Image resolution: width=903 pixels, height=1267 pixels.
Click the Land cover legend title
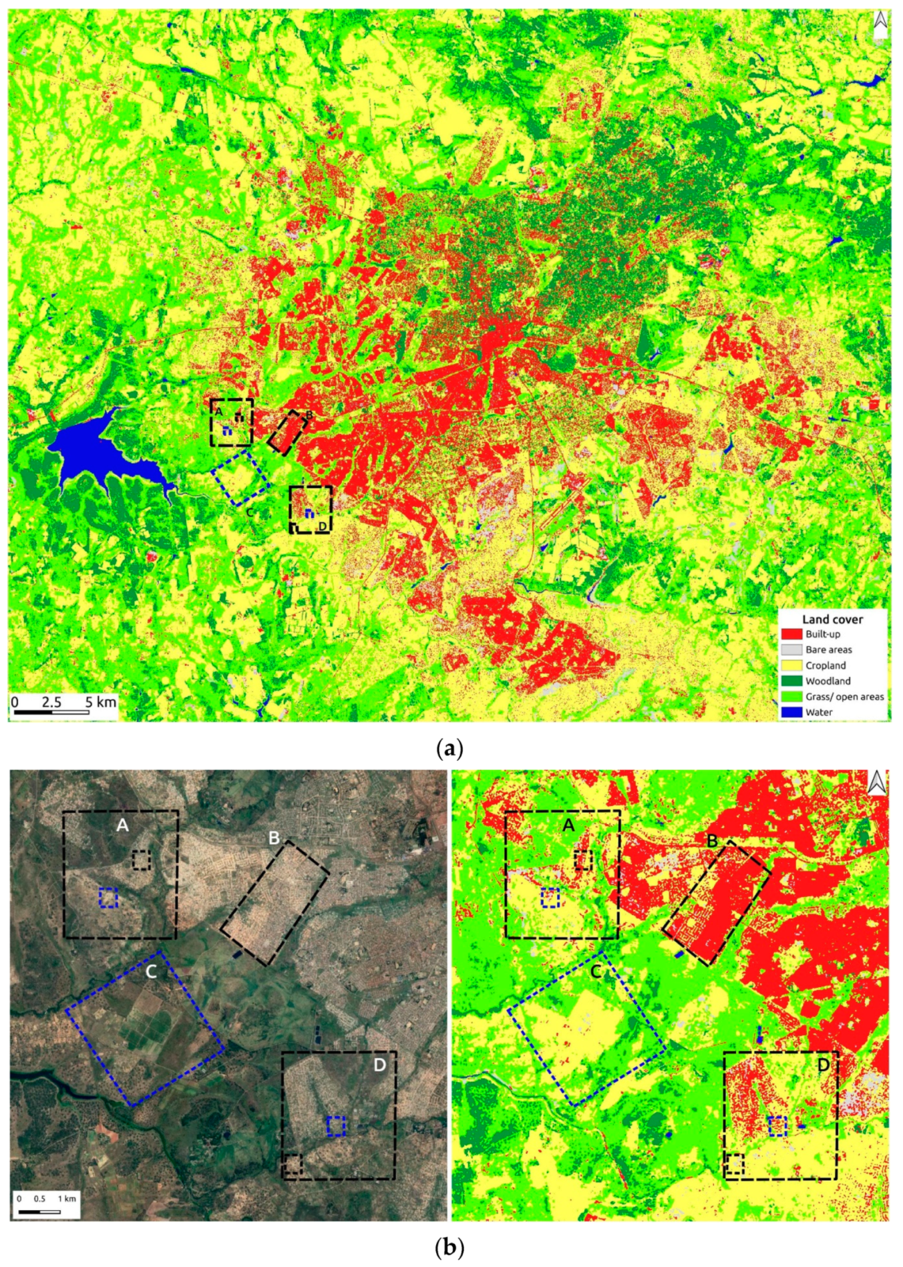pyautogui.click(x=832, y=619)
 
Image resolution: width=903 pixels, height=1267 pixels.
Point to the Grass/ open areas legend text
pyautogui.click(x=844, y=697)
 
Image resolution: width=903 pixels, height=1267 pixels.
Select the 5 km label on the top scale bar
pyautogui.click(x=100, y=702)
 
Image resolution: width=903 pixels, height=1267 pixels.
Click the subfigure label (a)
pyautogui.click(x=449, y=747)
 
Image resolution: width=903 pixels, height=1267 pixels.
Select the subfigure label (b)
pyautogui.click(x=449, y=1247)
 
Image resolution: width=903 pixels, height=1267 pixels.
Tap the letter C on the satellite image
pyautogui.click(x=152, y=972)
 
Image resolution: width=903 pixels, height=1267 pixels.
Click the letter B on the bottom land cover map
pyautogui.click(x=712, y=841)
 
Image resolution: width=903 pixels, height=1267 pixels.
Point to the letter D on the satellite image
pyautogui.click(x=379, y=1065)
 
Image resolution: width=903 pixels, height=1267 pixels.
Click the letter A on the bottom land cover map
pyautogui.click(x=568, y=826)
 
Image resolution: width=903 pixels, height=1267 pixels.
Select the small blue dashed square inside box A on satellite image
pyautogui.click(x=108, y=898)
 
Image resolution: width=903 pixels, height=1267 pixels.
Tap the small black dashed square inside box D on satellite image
pyautogui.click(x=293, y=1164)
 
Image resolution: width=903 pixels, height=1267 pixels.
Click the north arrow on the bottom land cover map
pyautogui.click(x=877, y=782)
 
